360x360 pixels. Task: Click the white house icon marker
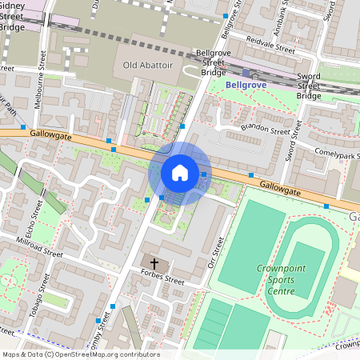[x=180, y=172]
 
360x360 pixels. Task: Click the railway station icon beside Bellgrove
[x=246, y=73]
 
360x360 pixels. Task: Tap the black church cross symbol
[x=154, y=263]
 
